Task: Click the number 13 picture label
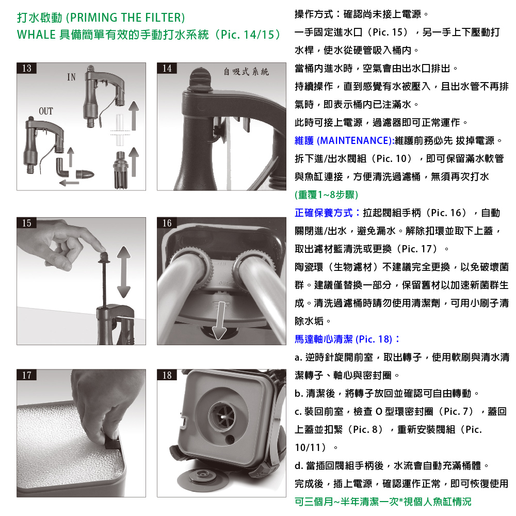coord(27,68)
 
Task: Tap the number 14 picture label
coord(167,68)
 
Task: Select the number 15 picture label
coord(27,223)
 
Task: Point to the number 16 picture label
coord(167,223)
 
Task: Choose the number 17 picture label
coord(27,375)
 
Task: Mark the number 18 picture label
coord(167,375)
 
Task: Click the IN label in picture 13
coord(71,77)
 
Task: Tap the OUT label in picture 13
coord(46,111)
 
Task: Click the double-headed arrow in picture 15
coord(124,272)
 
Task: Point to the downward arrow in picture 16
coord(220,320)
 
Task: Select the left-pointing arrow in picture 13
coord(69,182)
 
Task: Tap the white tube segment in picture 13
coord(120,131)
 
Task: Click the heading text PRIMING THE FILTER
coord(125,18)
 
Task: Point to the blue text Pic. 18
coord(374,339)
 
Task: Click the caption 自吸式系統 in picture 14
coord(246,71)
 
